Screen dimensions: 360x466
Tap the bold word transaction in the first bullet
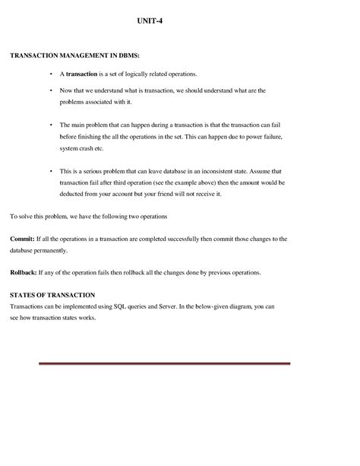point(82,74)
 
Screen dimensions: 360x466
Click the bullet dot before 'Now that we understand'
point(50,90)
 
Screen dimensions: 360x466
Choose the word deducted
point(74,194)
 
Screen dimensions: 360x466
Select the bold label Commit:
point(22,239)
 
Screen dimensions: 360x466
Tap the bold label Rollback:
point(25,272)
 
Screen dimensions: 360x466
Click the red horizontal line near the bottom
point(151,363)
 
